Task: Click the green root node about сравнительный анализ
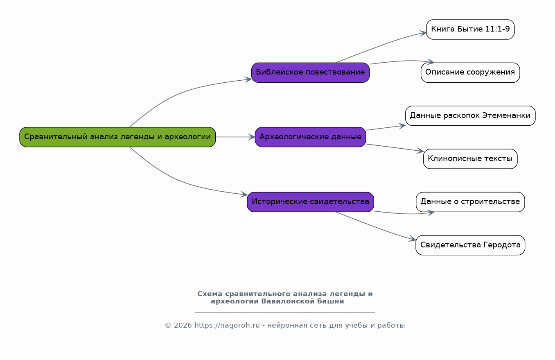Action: tap(117, 137)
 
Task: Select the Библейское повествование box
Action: tap(311, 72)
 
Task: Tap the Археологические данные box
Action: tap(311, 137)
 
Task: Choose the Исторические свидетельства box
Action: tap(311, 202)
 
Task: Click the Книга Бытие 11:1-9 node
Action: tap(470, 29)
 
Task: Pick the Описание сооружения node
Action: tap(470, 72)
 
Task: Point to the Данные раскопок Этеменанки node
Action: tap(470, 116)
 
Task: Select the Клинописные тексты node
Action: tap(470, 159)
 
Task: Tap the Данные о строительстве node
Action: tap(470, 202)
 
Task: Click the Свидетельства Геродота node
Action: tap(470, 245)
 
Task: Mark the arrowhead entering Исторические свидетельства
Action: tap(244, 195)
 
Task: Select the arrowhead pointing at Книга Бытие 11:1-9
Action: tap(423, 34)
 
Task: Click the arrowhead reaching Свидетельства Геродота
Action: tap(412, 239)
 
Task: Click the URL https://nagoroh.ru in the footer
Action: tap(227, 325)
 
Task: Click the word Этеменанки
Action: tap(506, 115)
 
